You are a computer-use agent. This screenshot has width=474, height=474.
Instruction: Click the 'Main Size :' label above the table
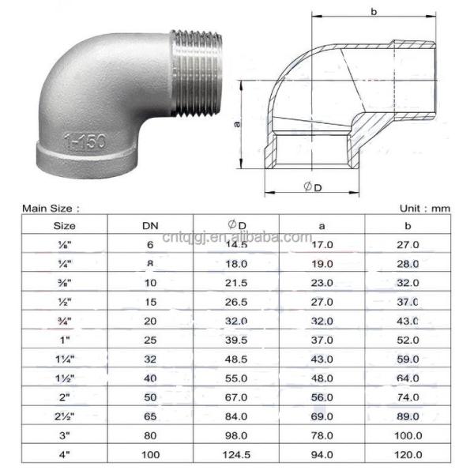(51, 209)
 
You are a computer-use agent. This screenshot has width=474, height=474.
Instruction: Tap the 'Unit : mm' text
(424, 209)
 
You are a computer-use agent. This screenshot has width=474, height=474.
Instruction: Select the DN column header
(150, 226)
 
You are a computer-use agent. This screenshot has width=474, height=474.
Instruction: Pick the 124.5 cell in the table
(237, 455)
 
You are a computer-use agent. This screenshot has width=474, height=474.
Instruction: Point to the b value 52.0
(408, 340)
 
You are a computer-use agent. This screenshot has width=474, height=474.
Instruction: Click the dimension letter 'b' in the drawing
(373, 11)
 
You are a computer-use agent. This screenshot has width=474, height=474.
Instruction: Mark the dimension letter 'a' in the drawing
(236, 125)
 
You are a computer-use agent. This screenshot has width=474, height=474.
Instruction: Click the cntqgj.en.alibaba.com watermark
(236, 236)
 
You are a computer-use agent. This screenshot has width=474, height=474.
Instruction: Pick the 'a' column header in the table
(322, 226)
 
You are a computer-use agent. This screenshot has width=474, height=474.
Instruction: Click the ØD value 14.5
(237, 246)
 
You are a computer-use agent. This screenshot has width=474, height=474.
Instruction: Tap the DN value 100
(150, 455)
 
